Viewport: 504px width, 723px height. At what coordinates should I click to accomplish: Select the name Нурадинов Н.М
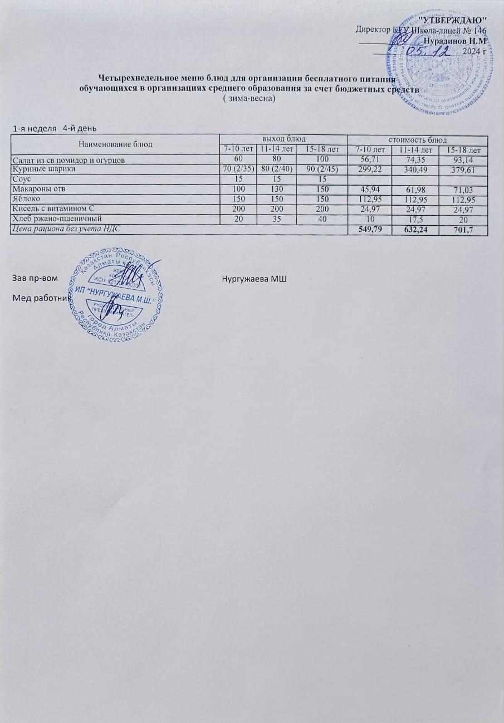(x=455, y=41)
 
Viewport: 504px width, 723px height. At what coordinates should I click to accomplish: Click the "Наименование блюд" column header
(x=115, y=144)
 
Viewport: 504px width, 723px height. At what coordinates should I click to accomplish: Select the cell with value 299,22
(x=370, y=168)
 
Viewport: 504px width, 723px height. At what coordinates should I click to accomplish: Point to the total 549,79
(x=370, y=229)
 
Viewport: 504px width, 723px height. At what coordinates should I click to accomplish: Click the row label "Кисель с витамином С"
(x=54, y=209)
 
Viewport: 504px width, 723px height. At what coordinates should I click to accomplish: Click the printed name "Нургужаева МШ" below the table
(x=253, y=278)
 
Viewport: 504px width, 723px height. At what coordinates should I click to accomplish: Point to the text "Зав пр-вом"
(x=35, y=278)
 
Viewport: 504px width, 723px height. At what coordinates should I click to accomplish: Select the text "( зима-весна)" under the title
(x=248, y=98)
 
